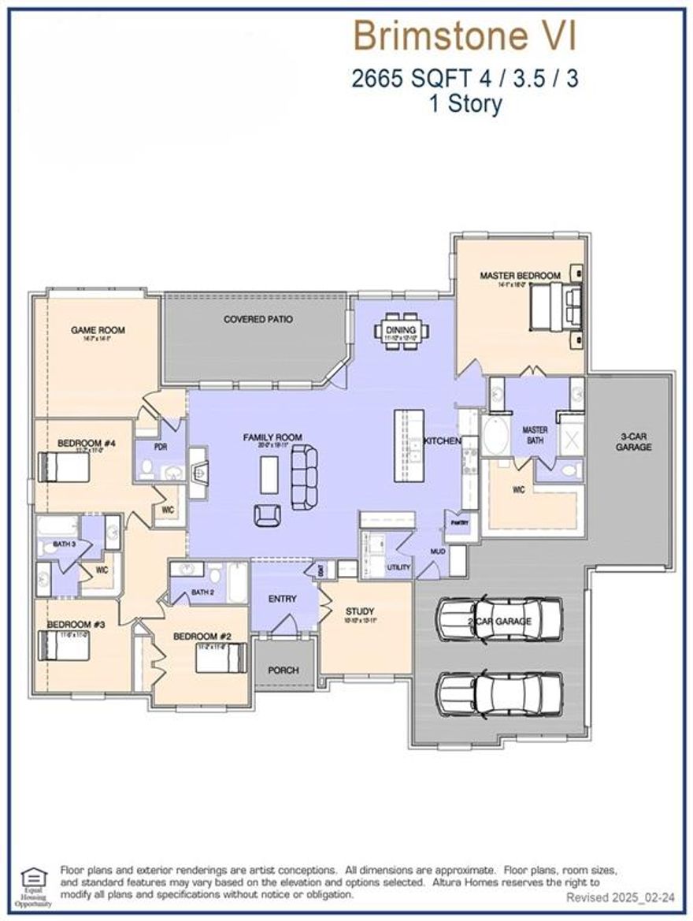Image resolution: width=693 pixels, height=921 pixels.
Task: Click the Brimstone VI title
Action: [x=465, y=36]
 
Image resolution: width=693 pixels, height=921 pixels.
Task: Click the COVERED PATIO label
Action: [x=258, y=319]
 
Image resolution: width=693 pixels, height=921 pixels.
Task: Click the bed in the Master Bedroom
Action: [x=555, y=306]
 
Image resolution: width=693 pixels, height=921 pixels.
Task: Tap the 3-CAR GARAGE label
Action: [x=635, y=441]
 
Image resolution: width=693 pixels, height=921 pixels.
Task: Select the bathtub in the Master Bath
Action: [x=497, y=436]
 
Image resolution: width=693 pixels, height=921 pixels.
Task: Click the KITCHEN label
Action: [x=442, y=441]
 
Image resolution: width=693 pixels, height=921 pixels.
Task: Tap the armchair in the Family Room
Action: [x=267, y=514]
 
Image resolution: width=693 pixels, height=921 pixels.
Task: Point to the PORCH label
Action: [x=283, y=670]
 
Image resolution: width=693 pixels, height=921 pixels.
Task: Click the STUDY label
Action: [x=360, y=611]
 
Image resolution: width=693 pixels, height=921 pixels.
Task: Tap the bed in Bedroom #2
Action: [x=221, y=657]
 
